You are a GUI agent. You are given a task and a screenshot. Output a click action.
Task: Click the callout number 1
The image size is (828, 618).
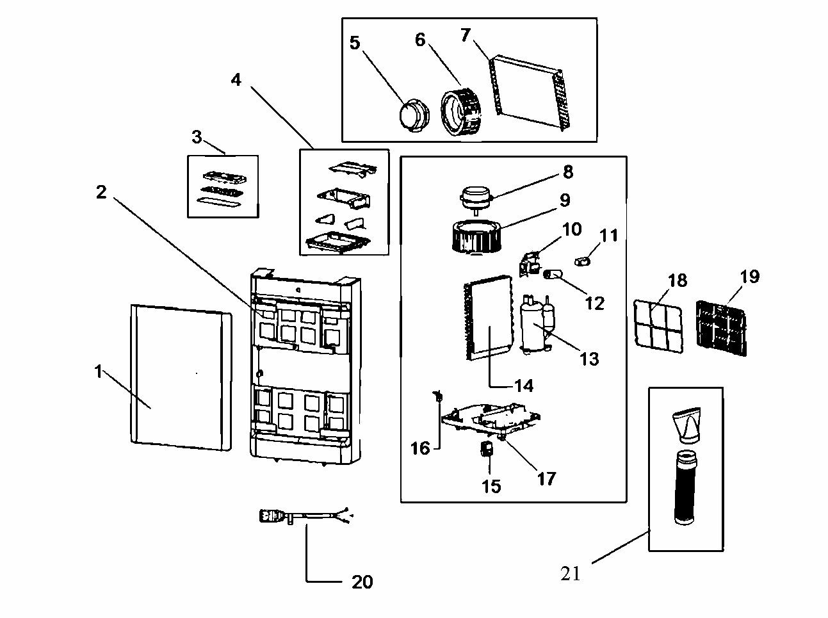tap(99, 371)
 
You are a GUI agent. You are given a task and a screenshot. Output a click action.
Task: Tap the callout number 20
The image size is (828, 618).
tap(362, 581)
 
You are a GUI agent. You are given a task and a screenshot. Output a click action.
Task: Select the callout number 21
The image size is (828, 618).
tap(570, 574)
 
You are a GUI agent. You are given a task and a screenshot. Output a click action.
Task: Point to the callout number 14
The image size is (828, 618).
tap(524, 386)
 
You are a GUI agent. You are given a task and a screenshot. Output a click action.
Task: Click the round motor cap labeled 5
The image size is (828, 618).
tap(414, 115)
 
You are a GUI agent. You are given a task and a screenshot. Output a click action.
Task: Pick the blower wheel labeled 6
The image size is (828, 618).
tap(461, 111)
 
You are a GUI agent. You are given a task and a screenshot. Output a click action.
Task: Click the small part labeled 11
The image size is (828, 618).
tap(582, 261)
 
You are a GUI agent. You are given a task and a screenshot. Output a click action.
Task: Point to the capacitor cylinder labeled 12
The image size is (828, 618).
tap(553, 274)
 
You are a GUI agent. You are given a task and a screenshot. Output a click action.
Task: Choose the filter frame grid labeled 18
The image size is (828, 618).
tap(658, 326)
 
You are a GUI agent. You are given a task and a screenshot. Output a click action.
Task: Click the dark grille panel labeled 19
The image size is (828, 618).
tap(721, 328)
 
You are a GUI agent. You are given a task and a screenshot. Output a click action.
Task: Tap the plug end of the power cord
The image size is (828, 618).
tap(270, 516)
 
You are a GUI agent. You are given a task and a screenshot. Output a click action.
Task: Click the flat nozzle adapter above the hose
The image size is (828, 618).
tap(686, 425)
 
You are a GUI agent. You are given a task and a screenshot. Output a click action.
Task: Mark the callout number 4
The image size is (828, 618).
tap(236, 79)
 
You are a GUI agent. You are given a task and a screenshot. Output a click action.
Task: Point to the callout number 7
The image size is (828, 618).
tap(466, 35)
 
